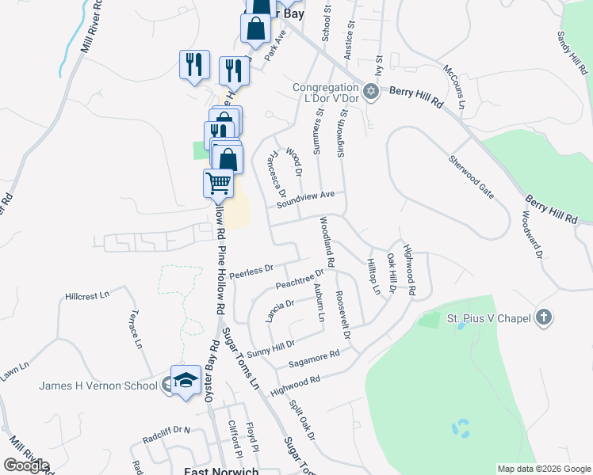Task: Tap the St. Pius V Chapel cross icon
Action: [x=543, y=318]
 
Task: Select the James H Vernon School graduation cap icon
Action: [x=185, y=382]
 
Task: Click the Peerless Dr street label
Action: [x=251, y=271]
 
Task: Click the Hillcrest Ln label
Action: [x=86, y=296]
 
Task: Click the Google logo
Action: [x=26, y=465]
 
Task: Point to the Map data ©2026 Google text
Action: [x=543, y=469]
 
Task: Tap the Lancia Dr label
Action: [x=281, y=310]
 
